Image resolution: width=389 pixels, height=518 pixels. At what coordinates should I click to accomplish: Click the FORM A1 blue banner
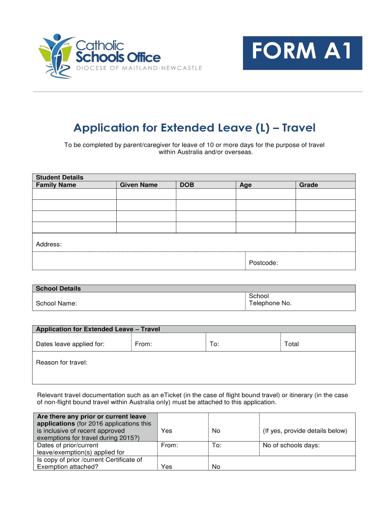tap(302, 53)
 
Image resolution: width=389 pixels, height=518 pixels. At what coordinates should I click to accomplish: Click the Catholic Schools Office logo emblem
tap(55, 55)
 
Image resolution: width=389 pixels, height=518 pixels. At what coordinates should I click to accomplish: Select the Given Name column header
tap(138, 185)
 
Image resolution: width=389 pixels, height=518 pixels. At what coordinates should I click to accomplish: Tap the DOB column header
tap(187, 185)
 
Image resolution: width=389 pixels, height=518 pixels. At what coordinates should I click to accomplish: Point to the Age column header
tap(246, 185)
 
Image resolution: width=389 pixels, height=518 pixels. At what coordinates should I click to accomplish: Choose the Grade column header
tap(308, 185)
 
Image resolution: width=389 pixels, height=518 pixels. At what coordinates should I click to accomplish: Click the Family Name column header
tap(56, 185)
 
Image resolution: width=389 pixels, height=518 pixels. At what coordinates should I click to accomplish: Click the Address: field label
tap(49, 245)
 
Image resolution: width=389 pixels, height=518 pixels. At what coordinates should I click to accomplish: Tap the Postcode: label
tap(263, 263)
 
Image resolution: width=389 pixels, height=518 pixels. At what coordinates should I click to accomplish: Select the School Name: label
tap(57, 304)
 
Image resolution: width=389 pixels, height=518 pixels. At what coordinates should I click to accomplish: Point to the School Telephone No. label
tap(270, 300)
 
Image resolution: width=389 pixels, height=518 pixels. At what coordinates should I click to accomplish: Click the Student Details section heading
tap(60, 178)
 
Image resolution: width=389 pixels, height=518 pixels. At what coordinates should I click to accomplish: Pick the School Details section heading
tap(58, 289)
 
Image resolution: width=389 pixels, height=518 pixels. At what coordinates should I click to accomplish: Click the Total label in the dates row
tap(291, 344)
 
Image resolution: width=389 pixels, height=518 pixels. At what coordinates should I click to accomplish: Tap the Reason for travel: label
tap(62, 362)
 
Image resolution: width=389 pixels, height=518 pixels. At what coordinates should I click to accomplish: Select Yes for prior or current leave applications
tap(166, 431)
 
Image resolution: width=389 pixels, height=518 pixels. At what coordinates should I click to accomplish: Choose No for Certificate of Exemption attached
tap(216, 467)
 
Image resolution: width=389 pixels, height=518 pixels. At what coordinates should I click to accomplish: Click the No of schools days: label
tap(291, 446)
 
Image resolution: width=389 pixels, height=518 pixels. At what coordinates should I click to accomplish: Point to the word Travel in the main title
tap(299, 129)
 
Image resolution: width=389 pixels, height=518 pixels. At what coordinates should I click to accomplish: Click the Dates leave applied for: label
tap(70, 344)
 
